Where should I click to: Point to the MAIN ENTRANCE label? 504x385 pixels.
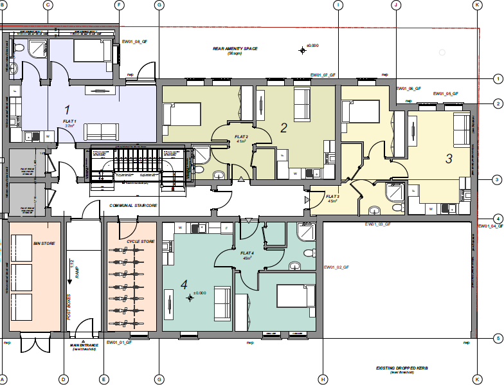pyautogui.click(x=84, y=345)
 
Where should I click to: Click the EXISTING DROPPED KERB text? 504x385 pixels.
pyautogui.click(x=402, y=369)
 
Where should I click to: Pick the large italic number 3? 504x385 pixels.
pyautogui.click(x=449, y=157)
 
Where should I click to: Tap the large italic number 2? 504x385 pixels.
pyautogui.click(x=283, y=128)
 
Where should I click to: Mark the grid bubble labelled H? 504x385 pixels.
pyautogui.click(x=322, y=379)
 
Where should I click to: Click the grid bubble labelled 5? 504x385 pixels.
pyautogui.click(x=497, y=338)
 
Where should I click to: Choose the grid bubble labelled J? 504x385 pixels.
pyautogui.click(x=396, y=4)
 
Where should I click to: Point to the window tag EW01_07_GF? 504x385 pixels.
pyautogui.click(x=323, y=75)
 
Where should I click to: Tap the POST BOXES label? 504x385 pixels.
pyautogui.click(x=69, y=307)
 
